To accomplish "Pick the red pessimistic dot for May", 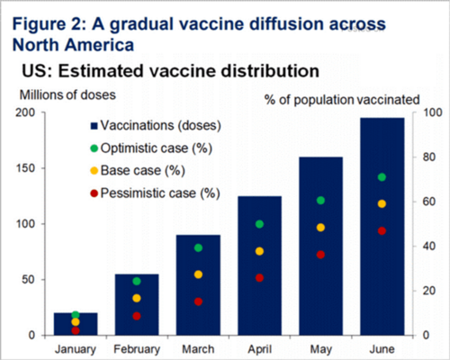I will coord(320,255).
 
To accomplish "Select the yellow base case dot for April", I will coord(260,251).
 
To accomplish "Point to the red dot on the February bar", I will coord(137,316).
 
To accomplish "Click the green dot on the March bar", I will coord(198,247).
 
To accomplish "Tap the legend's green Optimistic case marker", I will coord(94,148).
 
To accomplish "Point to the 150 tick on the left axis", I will coord(33,168).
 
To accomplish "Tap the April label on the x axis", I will coord(259,347).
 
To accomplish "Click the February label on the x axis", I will coord(137,347).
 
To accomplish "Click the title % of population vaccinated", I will coord(342,97).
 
